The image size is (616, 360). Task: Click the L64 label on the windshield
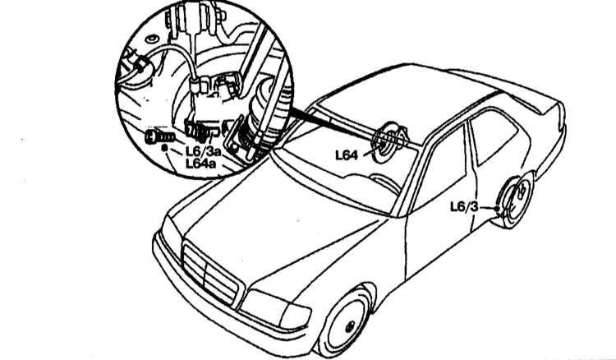point(347,155)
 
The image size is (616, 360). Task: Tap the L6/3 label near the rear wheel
point(464,207)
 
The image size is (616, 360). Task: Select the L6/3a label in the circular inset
point(203,150)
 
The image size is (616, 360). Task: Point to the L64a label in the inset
point(200,163)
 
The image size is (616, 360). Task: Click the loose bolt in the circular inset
point(159,137)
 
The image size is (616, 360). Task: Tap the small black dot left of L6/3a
point(165,148)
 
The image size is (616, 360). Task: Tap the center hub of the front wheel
point(349,326)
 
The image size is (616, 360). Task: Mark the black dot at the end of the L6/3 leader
point(497,208)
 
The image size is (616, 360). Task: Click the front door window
point(439,169)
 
